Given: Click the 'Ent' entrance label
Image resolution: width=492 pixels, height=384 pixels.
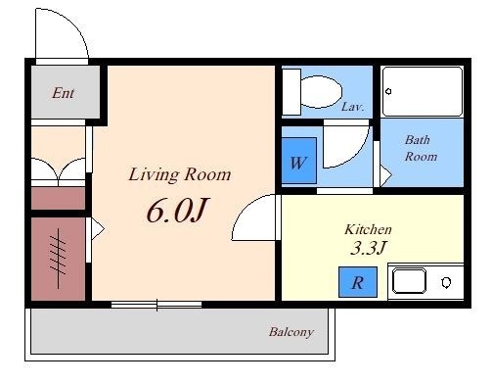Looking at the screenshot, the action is [x=64, y=93].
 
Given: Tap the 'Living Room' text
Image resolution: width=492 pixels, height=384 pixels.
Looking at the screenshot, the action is [x=180, y=174].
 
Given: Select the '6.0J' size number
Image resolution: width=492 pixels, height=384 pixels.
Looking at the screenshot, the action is [x=177, y=210].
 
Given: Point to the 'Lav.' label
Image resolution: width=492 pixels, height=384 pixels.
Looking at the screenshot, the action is [x=352, y=107].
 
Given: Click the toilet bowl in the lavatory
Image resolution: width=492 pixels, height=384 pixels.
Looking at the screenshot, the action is [x=321, y=92].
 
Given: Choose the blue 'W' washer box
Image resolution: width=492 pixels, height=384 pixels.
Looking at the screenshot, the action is [x=299, y=161].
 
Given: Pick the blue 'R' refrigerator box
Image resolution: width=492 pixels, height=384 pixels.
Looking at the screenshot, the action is [x=358, y=282].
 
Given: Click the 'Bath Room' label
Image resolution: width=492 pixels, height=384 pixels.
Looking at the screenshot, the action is [x=421, y=148].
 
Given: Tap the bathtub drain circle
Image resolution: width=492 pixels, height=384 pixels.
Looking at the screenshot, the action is [x=388, y=91].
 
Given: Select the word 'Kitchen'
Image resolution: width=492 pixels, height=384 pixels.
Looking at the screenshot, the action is [x=368, y=229].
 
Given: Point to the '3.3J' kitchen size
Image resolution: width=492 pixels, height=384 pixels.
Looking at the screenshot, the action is [x=368, y=248].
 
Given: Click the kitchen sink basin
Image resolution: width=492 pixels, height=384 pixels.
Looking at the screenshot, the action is [x=409, y=281].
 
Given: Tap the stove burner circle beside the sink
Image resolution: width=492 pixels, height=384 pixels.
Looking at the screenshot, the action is [x=446, y=282].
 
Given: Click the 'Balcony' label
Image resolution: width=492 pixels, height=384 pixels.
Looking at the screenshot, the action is [x=291, y=332].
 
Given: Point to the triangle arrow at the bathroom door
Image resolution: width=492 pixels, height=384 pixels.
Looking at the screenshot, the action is [x=385, y=175].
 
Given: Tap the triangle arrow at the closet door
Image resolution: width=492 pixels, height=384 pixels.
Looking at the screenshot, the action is [x=98, y=228].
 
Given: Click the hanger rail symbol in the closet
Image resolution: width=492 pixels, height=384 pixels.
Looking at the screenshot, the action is [x=58, y=259].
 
